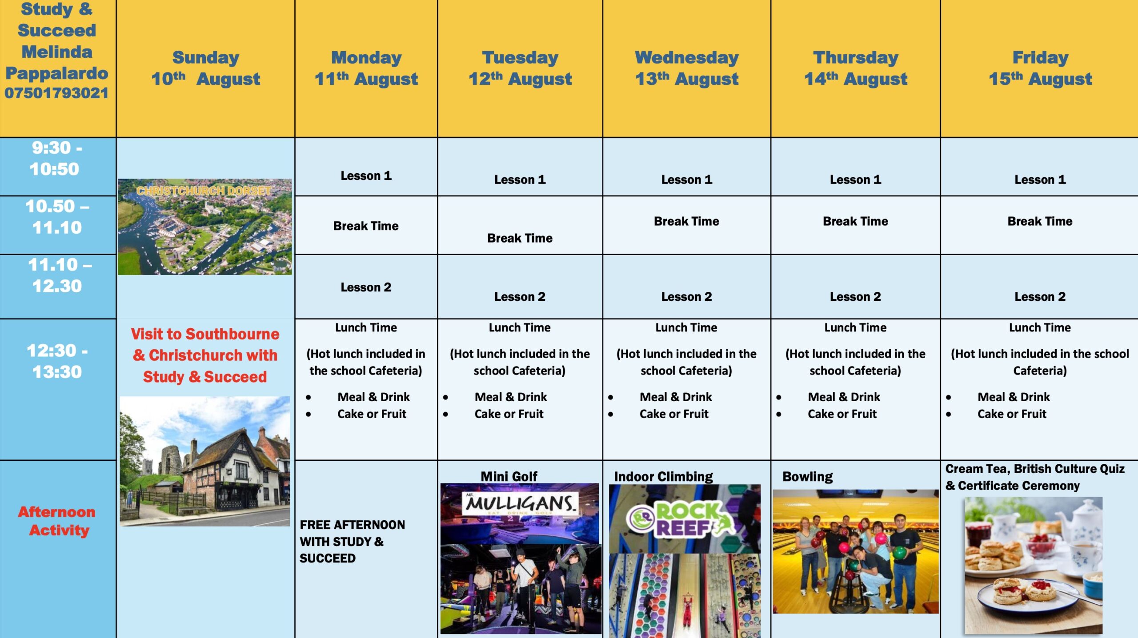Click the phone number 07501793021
[x=56, y=93]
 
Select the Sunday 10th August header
[x=206, y=68]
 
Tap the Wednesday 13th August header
[x=687, y=68]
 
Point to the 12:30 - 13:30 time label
[x=57, y=361]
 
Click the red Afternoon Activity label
[x=57, y=521]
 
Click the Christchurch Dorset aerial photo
[x=205, y=227]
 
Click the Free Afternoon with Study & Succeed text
[x=352, y=541]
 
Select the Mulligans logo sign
[x=521, y=504]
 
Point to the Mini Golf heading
[x=509, y=476]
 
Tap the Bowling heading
[x=807, y=477]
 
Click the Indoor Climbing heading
[x=663, y=477]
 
